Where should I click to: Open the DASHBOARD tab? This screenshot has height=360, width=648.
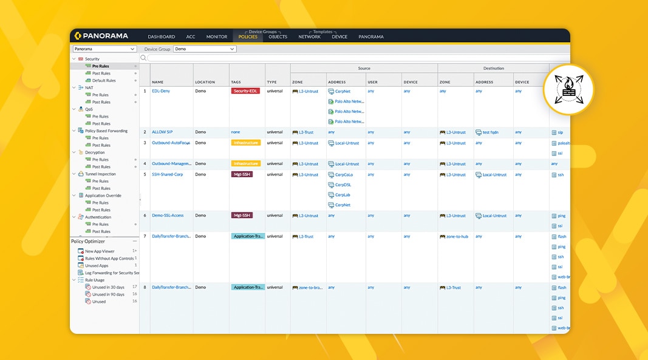point(161,37)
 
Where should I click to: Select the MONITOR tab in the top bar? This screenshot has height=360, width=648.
point(217,37)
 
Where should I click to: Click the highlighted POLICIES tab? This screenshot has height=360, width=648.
point(248,37)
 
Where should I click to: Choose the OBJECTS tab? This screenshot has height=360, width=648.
point(278,37)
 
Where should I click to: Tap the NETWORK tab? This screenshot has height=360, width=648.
point(309,37)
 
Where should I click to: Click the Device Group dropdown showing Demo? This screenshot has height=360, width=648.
point(205,49)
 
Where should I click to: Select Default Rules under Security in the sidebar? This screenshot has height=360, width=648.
point(104,81)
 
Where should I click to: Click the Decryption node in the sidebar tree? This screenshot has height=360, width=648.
point(95,152)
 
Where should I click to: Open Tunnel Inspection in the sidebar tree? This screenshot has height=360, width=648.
point(100,174)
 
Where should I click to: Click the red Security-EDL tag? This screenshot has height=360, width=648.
point(245,91)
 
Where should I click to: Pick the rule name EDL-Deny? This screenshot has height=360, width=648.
point(161,91)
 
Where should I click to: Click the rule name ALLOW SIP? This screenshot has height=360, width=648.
point(162,132)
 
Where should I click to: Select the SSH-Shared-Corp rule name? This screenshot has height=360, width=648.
point(167,175)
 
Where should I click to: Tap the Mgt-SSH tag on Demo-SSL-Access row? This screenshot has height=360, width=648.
point(242,216)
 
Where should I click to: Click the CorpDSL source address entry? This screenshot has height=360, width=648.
point(343,185)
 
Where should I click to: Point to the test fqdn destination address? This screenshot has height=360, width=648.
point(489,132)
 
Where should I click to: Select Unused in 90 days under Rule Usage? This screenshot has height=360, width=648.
point(108,294)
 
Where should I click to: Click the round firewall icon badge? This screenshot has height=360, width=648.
point(568,89)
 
